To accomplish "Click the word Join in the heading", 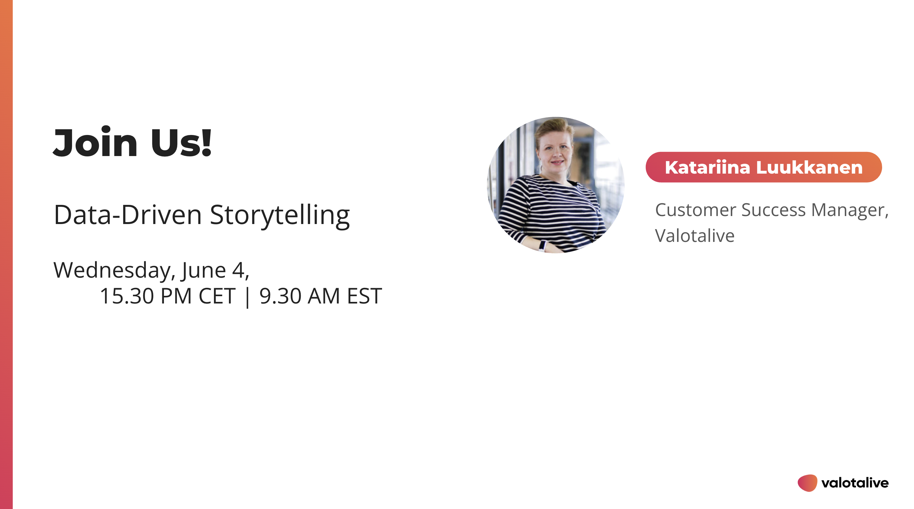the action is (95, 142).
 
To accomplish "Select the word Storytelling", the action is (280, 215).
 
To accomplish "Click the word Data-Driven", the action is (128, 215).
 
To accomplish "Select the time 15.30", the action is (127, 296).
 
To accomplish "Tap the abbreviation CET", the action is (217, 296).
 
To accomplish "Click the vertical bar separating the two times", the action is (247, 297).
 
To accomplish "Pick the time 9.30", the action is (280, 296).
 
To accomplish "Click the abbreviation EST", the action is (365, 296).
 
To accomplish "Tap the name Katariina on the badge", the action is (707, 167).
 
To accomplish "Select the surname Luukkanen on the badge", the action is (809, 167).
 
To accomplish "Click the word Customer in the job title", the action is (696, 210).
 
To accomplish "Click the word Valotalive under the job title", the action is (695, 236).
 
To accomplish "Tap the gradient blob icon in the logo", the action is (807, 483).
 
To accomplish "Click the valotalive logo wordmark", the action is (855, 483).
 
